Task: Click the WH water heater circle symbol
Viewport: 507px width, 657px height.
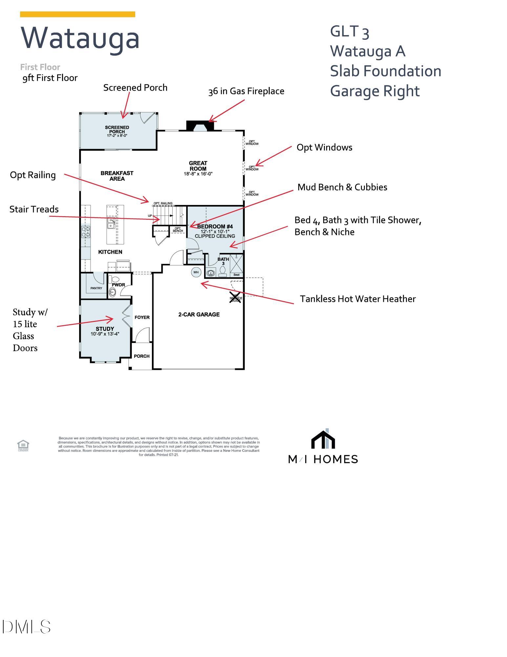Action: pos(196,272)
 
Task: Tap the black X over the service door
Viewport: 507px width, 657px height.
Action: pos(235,297)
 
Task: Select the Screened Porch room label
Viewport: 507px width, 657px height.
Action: pos(117,129)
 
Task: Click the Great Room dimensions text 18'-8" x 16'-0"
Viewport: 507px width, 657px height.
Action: pos(198,174)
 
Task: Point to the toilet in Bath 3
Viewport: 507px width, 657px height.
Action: pos(223,271)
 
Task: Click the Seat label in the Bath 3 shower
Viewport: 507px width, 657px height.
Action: pos(236,275)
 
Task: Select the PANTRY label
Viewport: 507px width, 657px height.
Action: pos(96,288)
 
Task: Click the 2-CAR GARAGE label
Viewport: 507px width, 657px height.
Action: pos(199,314)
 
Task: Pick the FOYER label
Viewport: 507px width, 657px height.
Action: pos(142,317)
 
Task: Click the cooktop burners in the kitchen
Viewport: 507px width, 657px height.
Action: pos(86,232)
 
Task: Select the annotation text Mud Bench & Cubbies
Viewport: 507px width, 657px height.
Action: pos(342,187)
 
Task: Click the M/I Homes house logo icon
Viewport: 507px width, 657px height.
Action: pos(323,439)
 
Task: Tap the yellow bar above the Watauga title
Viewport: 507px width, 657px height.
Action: pos(77,14)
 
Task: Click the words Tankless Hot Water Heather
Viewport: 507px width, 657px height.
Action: pos(358,299)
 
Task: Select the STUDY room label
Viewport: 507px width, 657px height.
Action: pos(105,329)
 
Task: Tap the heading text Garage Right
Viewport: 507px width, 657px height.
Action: pos(374,91)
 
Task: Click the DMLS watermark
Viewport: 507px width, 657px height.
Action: pos(26,627)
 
